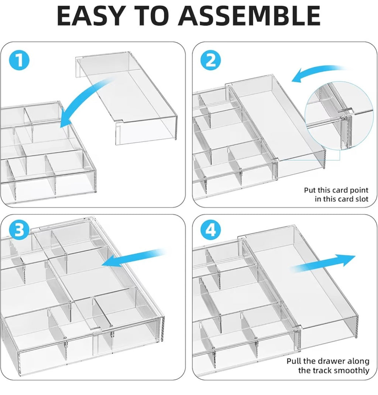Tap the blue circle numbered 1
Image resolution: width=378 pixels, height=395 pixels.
click(x=19, y=61)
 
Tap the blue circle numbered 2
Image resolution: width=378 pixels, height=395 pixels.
click(x=211, y=61)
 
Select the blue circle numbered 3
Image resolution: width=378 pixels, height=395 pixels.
click(x=19, y=230)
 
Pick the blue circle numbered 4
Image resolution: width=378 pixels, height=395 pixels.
click(x=211, y=230)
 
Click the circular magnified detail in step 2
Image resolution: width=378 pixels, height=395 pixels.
click(x=339, y=116)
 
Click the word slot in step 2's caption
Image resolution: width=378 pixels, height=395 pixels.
click(x=362, y=199)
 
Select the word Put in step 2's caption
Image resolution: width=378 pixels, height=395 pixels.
click(x=310, y=190)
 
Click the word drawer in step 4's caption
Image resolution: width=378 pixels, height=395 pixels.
click(x=333, y=361)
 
